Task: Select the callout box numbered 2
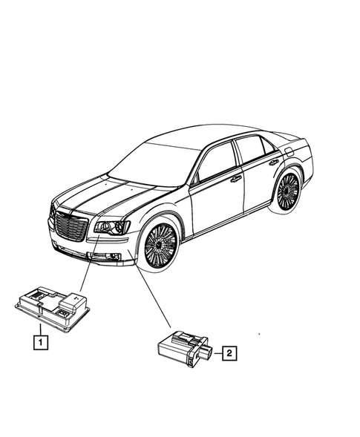click(x=229, y=355)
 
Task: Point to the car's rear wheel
click(x=287, y=192)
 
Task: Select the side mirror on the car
click(x=196, y=177)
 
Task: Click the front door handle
click(x=235, y=179)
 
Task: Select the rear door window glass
click(x=253, y=150)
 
